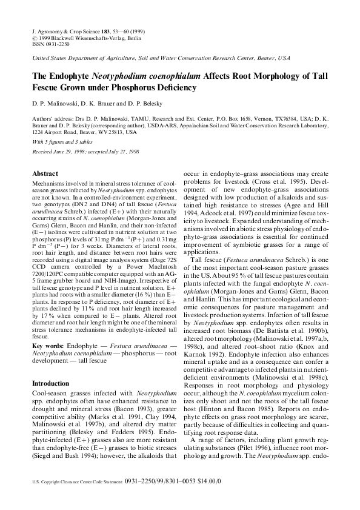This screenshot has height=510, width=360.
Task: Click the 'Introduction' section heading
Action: click(50, 383)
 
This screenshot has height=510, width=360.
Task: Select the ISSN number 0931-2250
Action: click(55, 44)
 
